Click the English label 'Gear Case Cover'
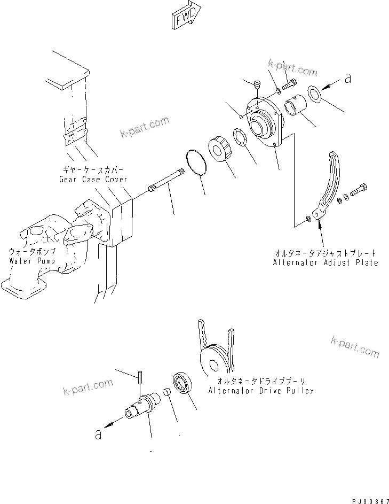click(x=93, y=179)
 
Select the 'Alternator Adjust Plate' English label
click(x=325, y=262)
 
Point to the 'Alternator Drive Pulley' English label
click(x=261, y=390)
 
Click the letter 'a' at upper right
click(x=348, y=79)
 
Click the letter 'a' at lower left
click(x=98, y=434)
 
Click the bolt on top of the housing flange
click(x=290, y=83)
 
